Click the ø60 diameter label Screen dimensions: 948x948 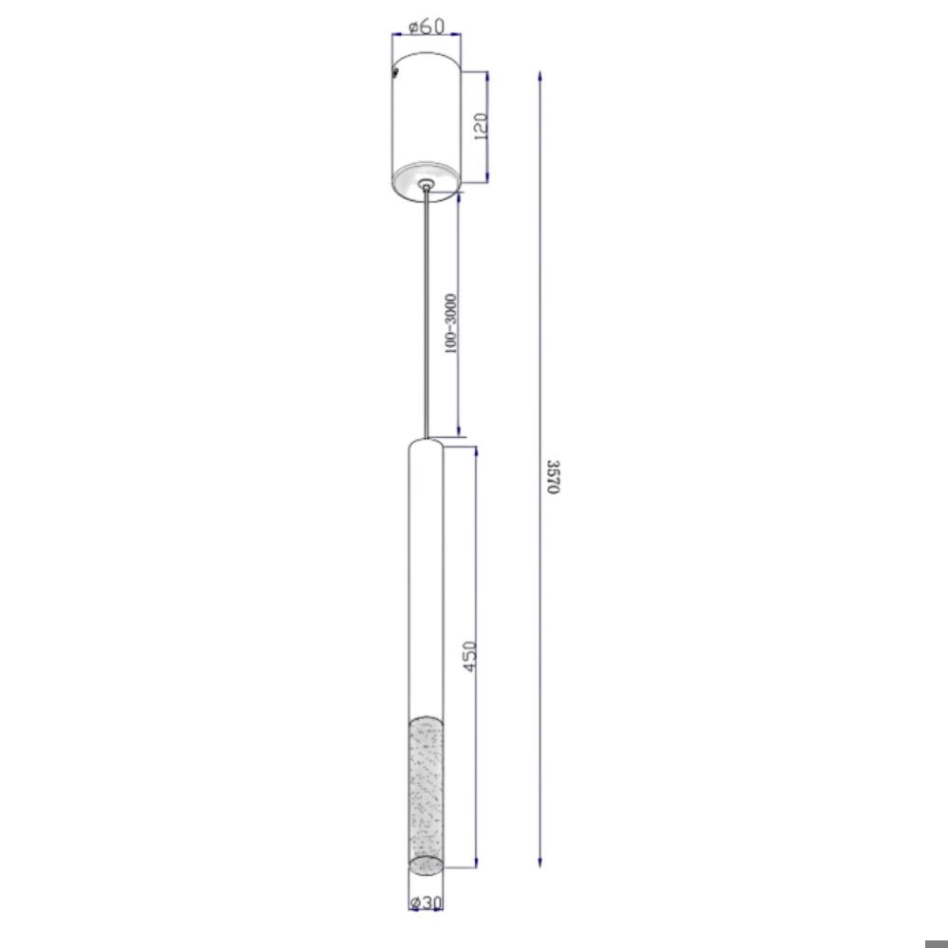pyautogui.click(x=427, y=27)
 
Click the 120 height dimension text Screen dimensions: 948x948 pyautogui.click(x=481, y=126)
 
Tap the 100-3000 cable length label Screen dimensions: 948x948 pyautogui.click(x=450, y=324)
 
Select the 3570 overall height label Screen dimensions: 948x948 pyautogui.click(x=554, y=477)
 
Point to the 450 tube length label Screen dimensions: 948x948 pyautogui.click(x=470, y=656)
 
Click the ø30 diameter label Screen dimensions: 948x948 pyautogui.click(x=427, y=902)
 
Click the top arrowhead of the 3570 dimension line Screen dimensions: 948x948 pyautogui.click(x=540, y=76)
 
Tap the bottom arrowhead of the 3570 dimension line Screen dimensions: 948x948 pyautogui.click(x=540, y=862)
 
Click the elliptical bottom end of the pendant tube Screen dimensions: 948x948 pyautogui.click(x=426, y=866)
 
